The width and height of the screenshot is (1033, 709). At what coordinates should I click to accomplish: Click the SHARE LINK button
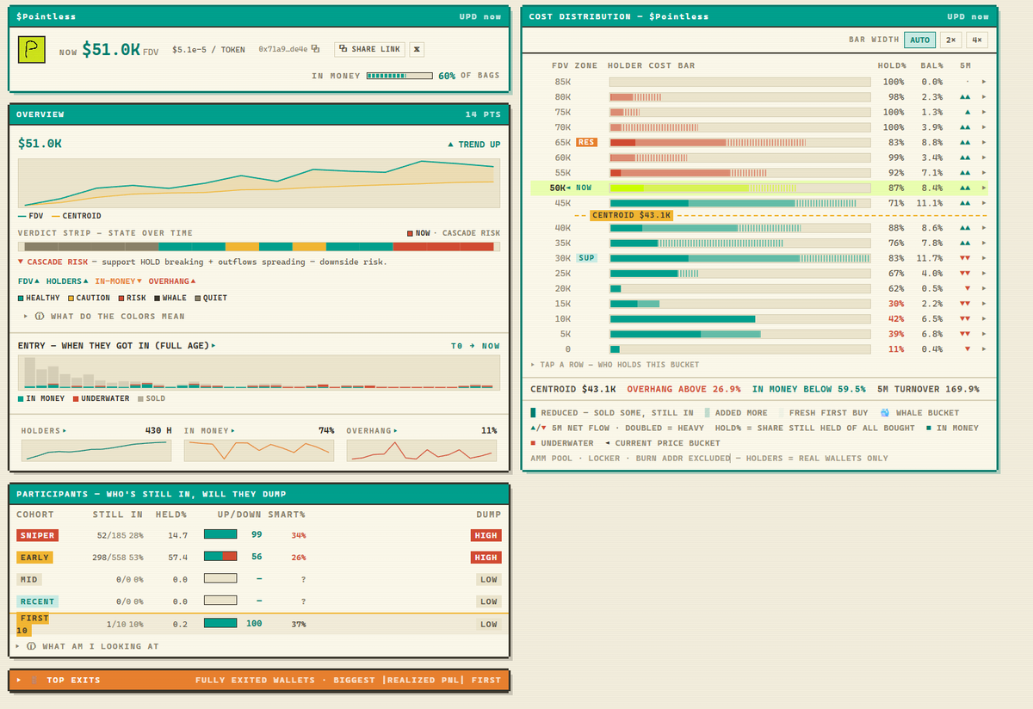[x=369, y=49]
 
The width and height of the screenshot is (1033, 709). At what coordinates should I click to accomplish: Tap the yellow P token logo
[x=31, y=49]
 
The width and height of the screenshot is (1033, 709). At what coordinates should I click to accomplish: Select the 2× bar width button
[x=950, y=40]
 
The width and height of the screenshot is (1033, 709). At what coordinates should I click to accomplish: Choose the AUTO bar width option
[x=919, y=40]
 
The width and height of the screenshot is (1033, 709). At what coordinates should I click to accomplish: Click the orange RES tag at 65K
[x=586, y=142]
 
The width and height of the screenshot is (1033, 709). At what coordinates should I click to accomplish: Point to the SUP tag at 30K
[x=586, y=257]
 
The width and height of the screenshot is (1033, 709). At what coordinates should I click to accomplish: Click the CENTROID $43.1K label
[x=631, y=215]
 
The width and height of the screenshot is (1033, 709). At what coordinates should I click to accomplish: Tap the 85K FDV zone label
[x=563, y=82]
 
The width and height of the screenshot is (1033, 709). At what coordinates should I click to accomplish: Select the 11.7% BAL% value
[x=929, y=258]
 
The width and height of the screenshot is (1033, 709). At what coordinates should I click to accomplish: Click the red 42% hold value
[x=896, y=318]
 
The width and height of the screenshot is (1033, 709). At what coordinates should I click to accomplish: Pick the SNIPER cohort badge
[x=37, y=535]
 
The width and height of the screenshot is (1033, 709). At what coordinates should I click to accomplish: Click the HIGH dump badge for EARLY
[x=486, y=558]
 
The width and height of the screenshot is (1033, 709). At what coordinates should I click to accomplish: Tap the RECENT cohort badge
[x=37, y=601]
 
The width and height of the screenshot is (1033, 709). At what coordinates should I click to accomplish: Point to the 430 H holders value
[x=158, y=430]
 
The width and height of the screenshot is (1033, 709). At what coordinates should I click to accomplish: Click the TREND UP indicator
[x=474, y=145]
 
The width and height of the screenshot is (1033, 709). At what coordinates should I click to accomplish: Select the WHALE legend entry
[x=170, y=298]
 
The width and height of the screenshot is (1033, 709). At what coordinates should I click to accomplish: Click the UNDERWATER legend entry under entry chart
[x=101, y=398]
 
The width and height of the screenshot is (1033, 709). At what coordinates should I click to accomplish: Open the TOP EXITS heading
[x=73, y=680]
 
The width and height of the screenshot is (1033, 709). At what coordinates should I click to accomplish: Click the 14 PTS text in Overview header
[x=483, y=114]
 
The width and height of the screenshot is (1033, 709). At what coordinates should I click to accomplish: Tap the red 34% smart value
[x=299, y=535]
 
